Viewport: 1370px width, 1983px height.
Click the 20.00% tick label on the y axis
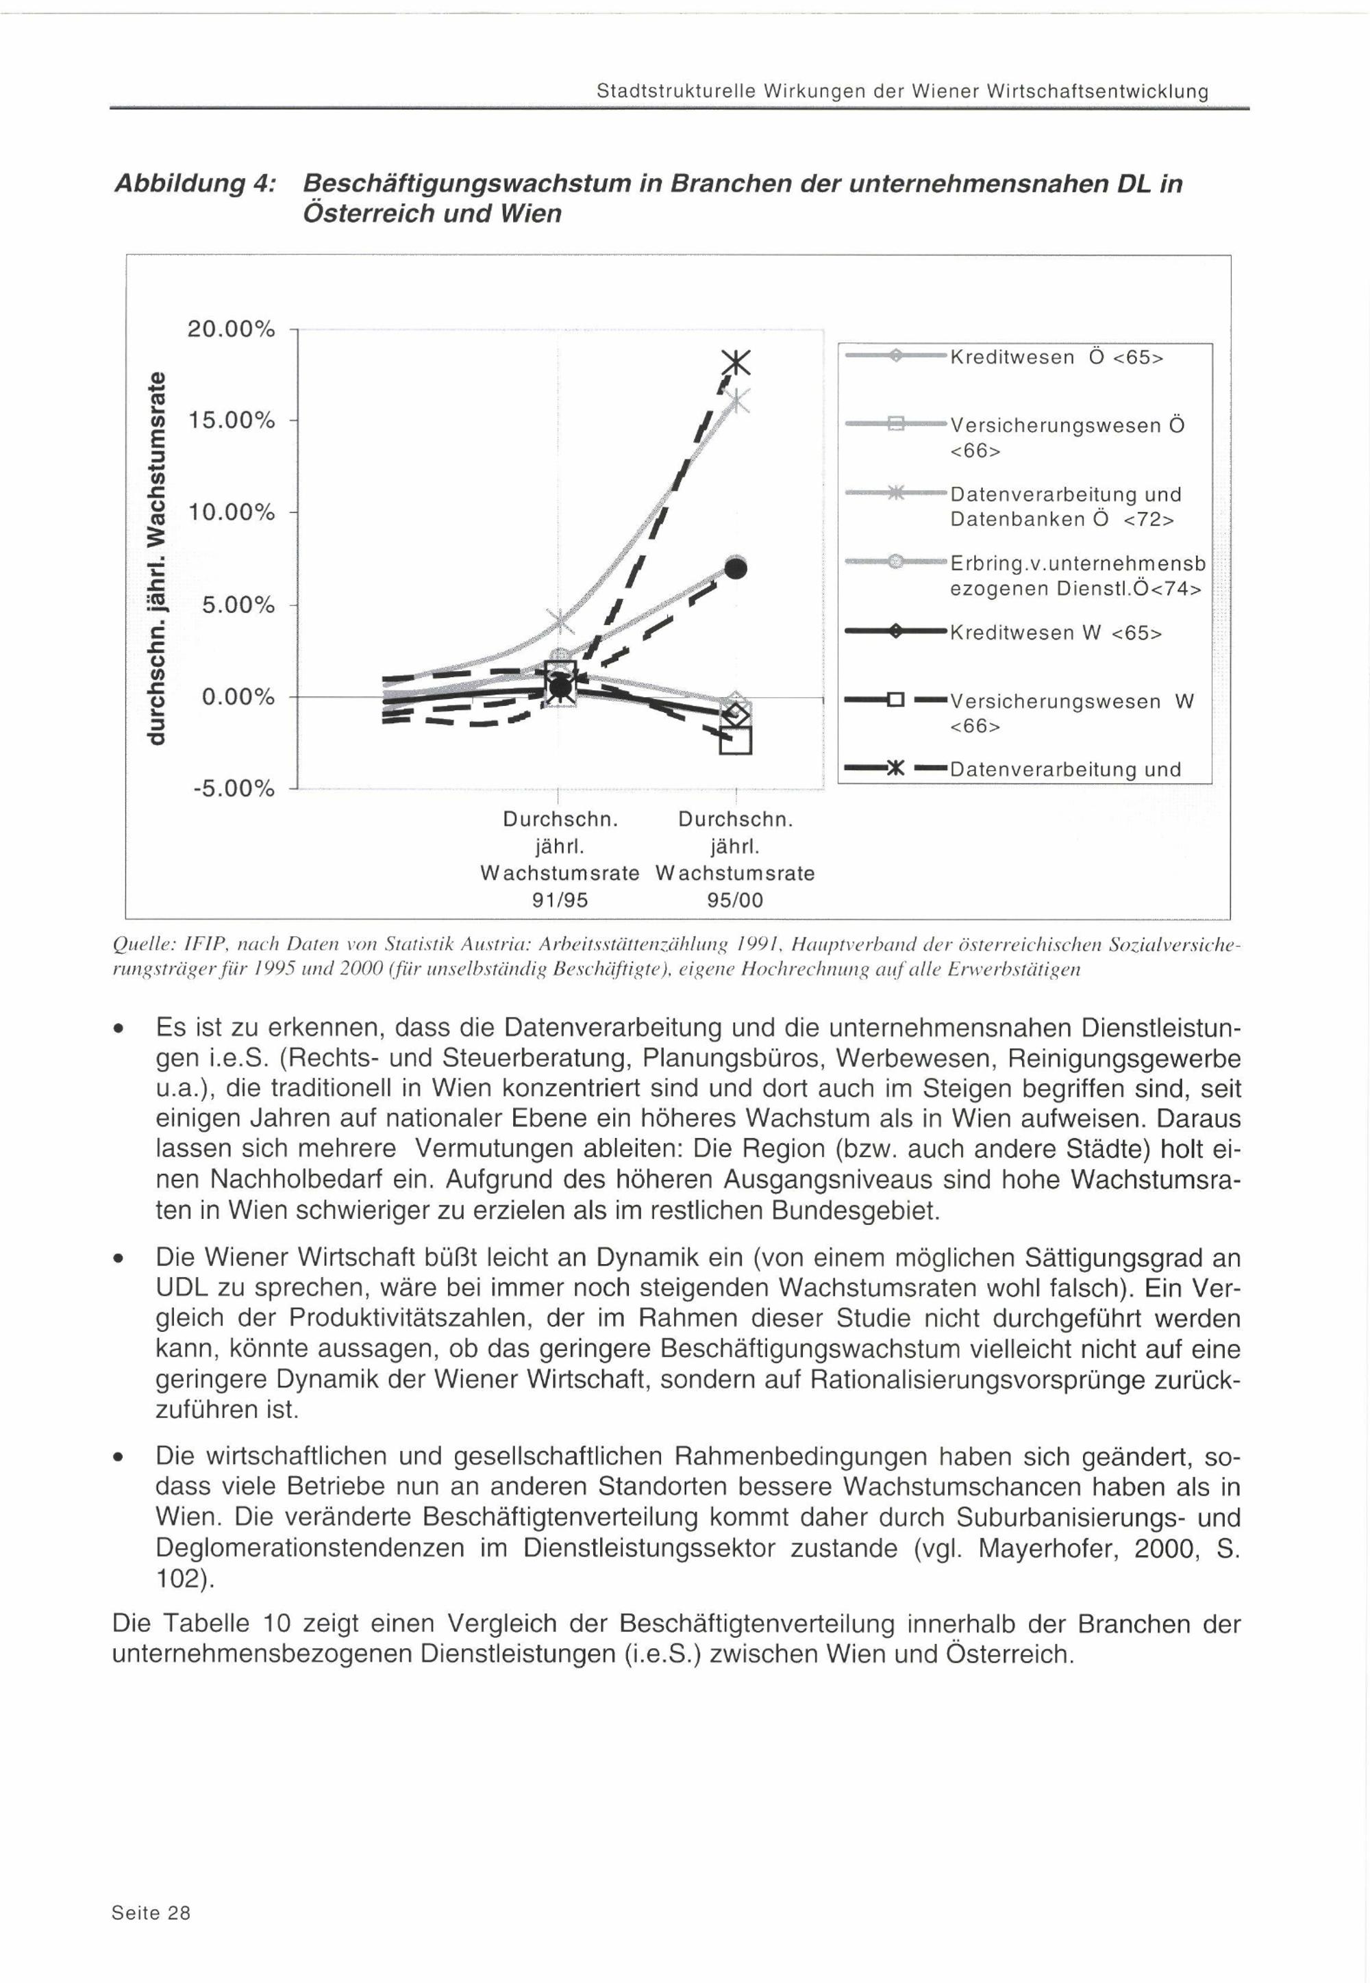click(231, 329)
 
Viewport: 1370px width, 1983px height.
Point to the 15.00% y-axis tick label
click(231, 421)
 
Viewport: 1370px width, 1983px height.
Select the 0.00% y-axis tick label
click(238, 697)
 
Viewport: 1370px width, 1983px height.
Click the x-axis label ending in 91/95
click(560, 860)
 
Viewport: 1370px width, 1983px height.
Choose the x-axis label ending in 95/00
click(735, 860)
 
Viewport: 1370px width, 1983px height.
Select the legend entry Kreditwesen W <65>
click(1055, 633)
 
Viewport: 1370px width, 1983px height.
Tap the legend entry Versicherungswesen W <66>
click(1071, 713)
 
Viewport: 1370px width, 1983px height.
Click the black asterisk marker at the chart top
click(736, 364)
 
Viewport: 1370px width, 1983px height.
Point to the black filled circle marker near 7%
click(736, 568)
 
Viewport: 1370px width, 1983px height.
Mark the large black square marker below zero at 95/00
click(736, 740)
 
